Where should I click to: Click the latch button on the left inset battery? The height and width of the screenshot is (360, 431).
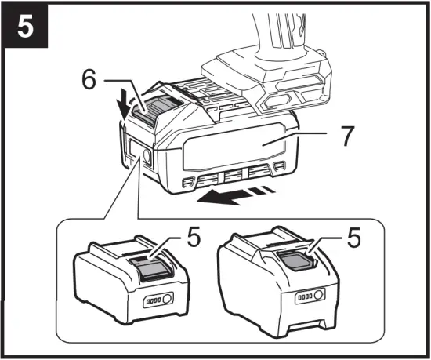pos(148,269)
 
